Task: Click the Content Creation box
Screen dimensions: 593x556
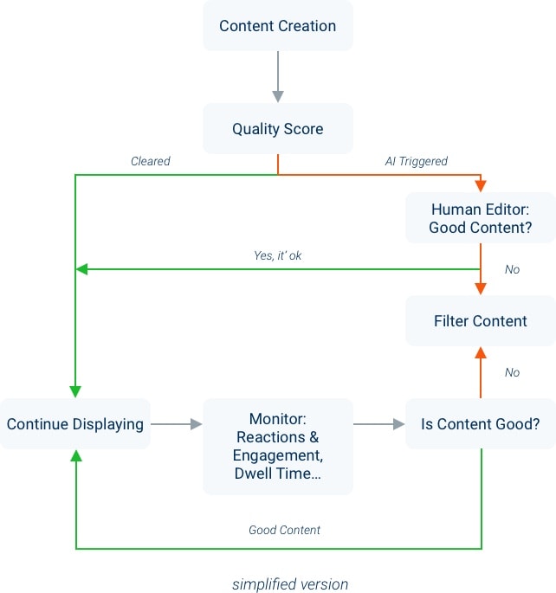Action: [x=278, y=26]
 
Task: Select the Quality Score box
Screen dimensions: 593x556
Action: [x=278, y=129]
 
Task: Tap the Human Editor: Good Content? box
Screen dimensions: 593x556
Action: [x=481, y=218]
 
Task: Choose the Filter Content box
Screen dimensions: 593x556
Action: [x=481, y=321]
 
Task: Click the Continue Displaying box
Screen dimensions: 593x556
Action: [x=75, y=424]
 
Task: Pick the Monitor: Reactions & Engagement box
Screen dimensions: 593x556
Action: [x=278, y=446]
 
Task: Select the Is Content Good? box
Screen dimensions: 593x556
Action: [x=481, y=424]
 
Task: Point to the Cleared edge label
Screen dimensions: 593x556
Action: [x=151, y=161]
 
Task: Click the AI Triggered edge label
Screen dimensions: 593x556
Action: [x=416, y=161]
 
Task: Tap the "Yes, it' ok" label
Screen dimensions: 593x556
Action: [x=278, y=256]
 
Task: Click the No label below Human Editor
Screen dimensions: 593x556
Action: [x=512, y=269]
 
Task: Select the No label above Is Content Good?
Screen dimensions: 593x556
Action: [x=512, y=372]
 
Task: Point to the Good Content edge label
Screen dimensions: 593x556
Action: [x=284, y=530]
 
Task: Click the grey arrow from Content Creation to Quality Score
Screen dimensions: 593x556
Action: [x=278, y=76]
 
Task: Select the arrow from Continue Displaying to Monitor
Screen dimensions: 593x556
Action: [x=177, y=424]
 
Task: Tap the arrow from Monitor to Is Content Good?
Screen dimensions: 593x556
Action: [x=379, y=424]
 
